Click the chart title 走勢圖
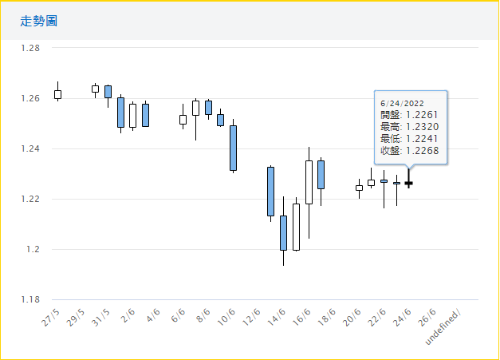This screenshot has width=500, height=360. pyautogui.click(x=39, y=20)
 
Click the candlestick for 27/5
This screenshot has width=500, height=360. pyautogui.click(x=57, y=94)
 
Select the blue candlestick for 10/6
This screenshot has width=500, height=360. pyautogui.click(x=233, y=148)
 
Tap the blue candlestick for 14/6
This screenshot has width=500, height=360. pyautogui.click(x=283, y=232)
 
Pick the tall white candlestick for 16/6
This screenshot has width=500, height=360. pyautogui.click(x=309, y=182)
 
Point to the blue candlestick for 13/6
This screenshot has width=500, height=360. pyautogui.click(x=270, y=191)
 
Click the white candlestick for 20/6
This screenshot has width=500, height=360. pyautogui.click(x=359, y=188)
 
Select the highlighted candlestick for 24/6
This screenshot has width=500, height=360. pyautogui.click(x=409, y=183)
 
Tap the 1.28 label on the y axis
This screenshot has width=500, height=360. pyautogui.click(x=30, y=48)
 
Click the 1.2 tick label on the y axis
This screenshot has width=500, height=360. pyautogui.click(x=33, y=249)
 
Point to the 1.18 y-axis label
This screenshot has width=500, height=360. pyautogui.click(x=30, y=299)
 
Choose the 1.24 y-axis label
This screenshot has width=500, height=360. pyautogui.click(x=30, y=148)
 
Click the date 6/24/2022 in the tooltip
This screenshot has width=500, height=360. pyautogui.click(x=402, y=103)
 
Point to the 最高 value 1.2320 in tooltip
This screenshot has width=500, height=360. pyautogui.click(x=423, y=126)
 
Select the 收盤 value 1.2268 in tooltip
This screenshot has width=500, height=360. pyautogui.click(x=423, y=150)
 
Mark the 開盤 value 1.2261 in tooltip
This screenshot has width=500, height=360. pyautogui.click(x=423, y=114)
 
